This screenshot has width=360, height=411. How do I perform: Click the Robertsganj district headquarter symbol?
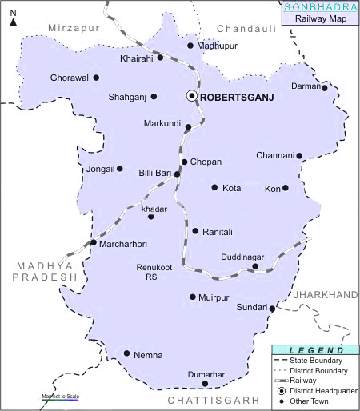pyautogui.click(x=192, y=96)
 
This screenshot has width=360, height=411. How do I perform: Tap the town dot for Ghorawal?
pyautogui.click(x=96, y=78)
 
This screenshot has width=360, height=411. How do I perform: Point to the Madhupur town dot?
pyautogui.click(x=190, y=46)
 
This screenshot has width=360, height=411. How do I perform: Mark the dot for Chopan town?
pyautogui.click(x=184, y=162)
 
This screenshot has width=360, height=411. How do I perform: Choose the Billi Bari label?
pyautogui.click(x=155, y=173)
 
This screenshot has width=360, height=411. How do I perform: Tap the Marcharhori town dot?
pyautogui.click(x=94, y=242)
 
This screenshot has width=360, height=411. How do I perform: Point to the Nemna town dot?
pyautogui.click(x=126, y=353)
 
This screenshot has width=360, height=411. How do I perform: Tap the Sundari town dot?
pyautogui.click(x=272, y=309)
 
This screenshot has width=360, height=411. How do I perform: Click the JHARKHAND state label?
pyautogui.click(x=325, y=295)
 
